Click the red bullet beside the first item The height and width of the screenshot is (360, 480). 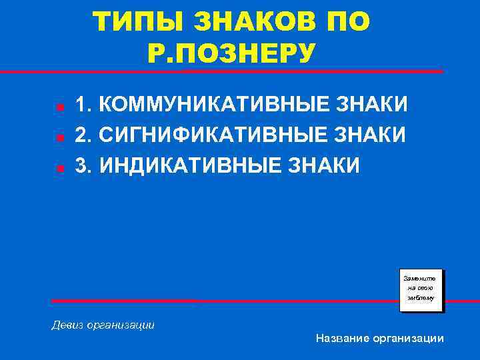59,107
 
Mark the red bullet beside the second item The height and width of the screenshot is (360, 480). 59,137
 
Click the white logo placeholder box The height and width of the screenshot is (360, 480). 421,289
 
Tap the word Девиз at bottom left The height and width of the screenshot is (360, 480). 69,325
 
